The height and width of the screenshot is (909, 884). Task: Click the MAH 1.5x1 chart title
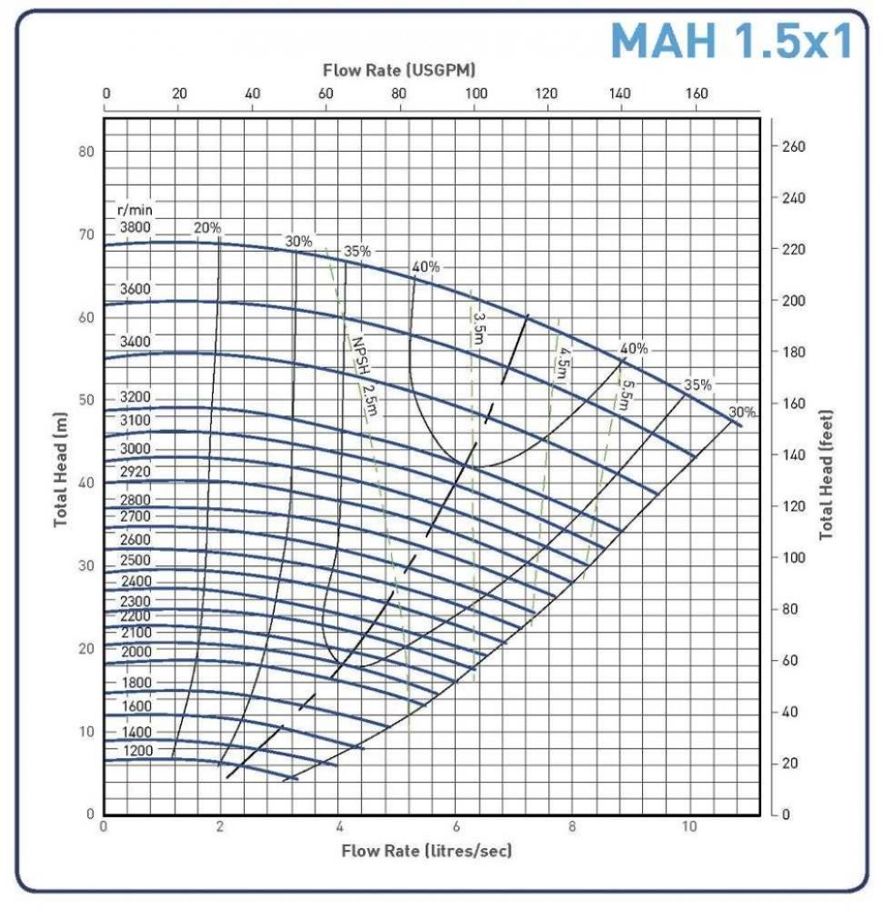click(x=731, y=41)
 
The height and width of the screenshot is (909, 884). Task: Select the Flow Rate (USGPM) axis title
click(x=400, y=70)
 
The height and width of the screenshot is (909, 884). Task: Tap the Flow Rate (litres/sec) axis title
click(x=427, y=851)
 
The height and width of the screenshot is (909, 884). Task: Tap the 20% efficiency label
click(x=207, y=227)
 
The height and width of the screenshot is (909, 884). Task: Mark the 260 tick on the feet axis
click(x=795, y=147)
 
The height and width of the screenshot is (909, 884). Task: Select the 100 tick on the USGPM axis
click(x=474, y=93)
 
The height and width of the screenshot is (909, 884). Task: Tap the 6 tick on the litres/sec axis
click(x=455, y=827)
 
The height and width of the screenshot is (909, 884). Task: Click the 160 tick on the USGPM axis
click(x=696, y=93)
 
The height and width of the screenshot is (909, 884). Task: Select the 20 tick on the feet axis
click(x=791, y=764)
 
